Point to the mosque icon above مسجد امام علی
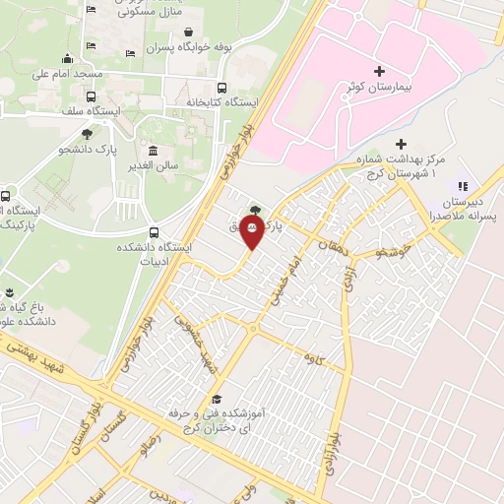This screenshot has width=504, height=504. [67, 57]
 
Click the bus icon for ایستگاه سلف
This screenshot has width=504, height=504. [92, 96]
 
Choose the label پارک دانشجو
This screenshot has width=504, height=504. [87, 149]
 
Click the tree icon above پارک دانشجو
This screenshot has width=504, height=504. [88, 133]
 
